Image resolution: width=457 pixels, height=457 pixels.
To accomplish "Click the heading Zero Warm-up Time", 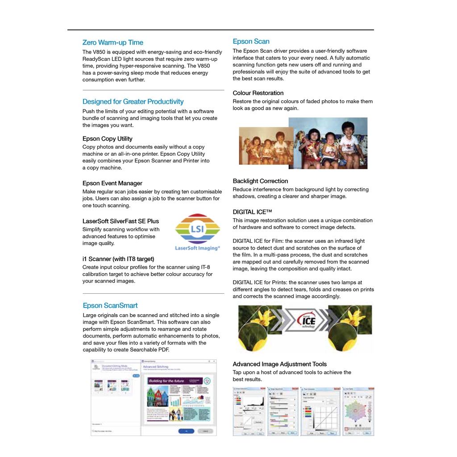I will (112, 42).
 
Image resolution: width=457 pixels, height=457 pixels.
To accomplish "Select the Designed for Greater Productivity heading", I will (133, 102).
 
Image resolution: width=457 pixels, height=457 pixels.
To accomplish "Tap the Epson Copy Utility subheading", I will (108, 139).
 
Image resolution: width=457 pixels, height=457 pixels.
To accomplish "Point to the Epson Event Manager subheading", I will (112, 183).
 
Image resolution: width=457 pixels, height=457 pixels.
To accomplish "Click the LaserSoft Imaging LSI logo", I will (197, 232).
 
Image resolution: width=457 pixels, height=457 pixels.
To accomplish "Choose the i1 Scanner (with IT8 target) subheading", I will (118, 259).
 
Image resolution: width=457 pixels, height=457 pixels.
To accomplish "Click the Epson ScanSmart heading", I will (110, 306).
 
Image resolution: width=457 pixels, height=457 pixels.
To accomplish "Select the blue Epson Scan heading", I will (251, 42).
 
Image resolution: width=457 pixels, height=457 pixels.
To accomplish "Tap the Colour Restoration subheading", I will (258, 93).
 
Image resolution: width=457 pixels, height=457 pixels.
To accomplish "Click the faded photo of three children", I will (265, 146).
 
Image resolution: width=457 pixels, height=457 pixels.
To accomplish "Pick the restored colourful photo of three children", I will (328, 143).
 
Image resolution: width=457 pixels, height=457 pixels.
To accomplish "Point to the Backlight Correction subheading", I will (260, 181).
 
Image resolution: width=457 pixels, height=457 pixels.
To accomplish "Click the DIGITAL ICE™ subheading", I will (252, 212).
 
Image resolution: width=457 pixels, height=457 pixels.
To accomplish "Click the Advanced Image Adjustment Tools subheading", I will (279, 364).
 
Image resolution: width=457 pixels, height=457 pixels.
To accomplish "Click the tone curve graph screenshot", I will (320, 411).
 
